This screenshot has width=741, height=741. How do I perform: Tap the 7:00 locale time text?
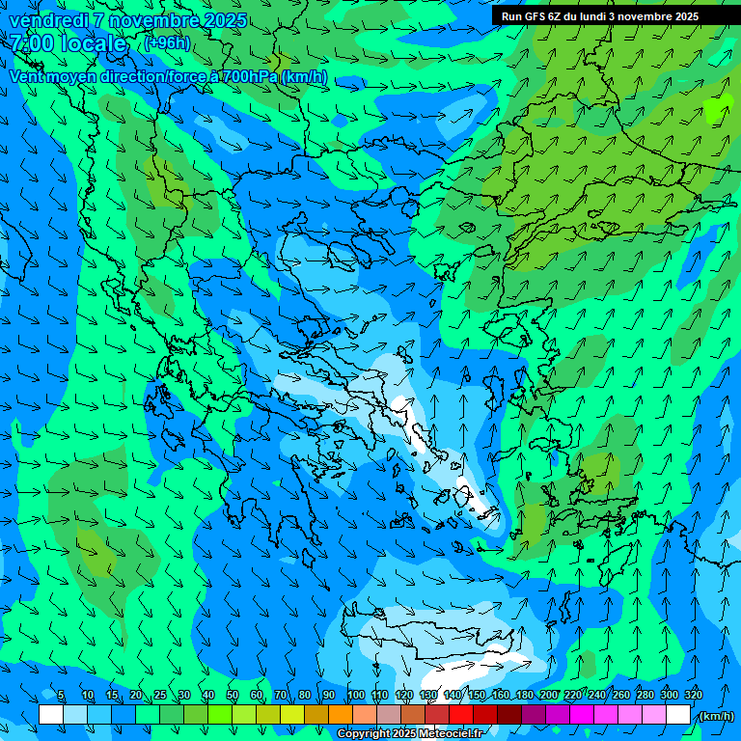coord(69,43)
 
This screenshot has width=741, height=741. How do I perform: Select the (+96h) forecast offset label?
coord(167,43)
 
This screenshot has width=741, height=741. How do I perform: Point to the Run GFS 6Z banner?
coord(599,16)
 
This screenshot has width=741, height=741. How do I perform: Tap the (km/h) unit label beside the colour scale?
coord(715,716)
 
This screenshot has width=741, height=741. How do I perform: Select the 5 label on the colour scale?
coord(61,696)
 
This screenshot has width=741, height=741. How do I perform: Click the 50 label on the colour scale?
coord(232,696)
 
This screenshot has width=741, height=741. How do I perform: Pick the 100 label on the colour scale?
coord(356,696)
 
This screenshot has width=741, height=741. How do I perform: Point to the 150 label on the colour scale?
coord(477,696)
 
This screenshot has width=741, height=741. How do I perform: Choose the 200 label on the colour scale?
coord(548,696)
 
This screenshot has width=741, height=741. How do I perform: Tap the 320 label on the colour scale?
coord(693,696)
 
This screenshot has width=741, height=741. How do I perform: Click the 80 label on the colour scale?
coord(305,696)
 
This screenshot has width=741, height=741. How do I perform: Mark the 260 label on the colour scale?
coord(620,696)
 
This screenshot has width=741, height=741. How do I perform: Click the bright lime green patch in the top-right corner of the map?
coord(716,110)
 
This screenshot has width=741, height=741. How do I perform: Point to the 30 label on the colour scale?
coord(183,696)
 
